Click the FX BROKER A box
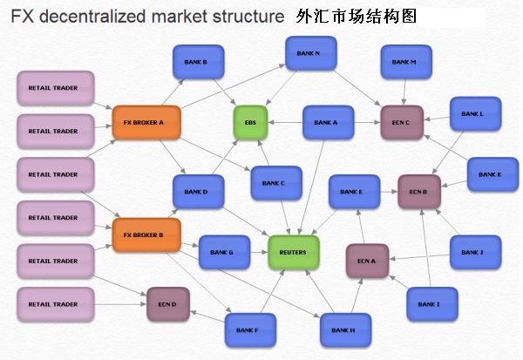145,122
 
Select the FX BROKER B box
139,235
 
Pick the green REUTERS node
294,252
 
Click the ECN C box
402,123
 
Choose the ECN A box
367,261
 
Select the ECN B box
419,191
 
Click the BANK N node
309,54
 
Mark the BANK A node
326,123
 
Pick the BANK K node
490,174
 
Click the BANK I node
429,303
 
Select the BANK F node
247,329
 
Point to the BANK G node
221,252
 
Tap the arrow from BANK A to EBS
284,123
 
